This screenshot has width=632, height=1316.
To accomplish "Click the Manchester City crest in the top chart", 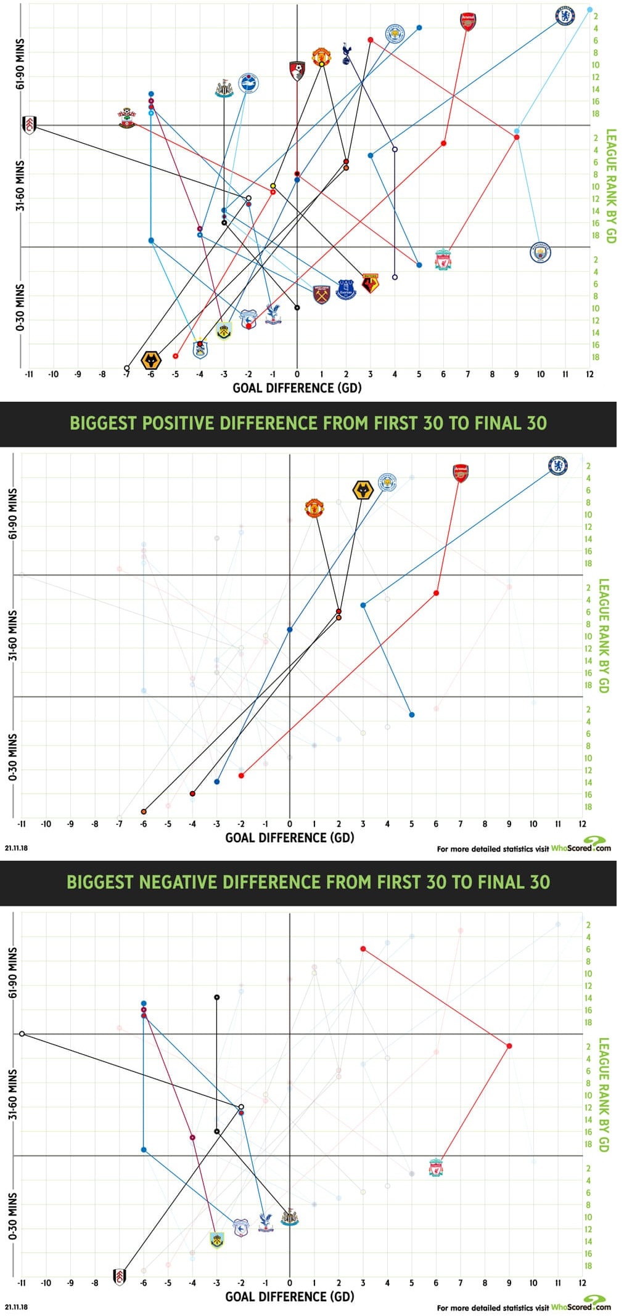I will tap(541, 253).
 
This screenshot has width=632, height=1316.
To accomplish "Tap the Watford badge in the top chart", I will tap(370, 283).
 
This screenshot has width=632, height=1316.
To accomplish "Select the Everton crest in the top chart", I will tap(346, 290).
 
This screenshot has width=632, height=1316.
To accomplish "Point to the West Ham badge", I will tap(322, 294).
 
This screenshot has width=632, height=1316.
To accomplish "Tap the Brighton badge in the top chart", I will tap(248, 83).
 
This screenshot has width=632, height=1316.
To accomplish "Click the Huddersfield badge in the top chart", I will tap(200, 349).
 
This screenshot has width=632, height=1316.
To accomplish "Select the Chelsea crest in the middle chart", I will tap(559, 466).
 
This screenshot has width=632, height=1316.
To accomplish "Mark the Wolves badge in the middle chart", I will tap(363, 490).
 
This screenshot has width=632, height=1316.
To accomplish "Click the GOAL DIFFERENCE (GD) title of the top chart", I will tap(297, 388).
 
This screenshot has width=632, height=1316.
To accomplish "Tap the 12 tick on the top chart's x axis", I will tap(589, 374).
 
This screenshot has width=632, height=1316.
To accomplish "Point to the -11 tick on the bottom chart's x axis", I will tap(22, 1283).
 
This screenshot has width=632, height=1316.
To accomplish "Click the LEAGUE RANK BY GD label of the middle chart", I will tap(604, 635).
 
